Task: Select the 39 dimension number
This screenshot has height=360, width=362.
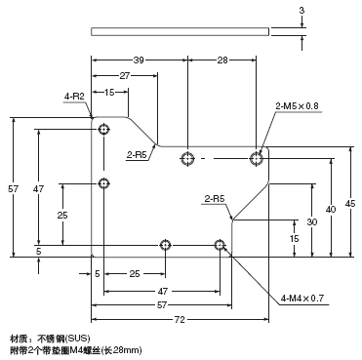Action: pyautogui.click(x=138, y=60)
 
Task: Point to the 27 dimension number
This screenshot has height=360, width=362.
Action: pyautogui.click(x=126, y=76)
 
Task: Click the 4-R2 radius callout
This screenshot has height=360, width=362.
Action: pyautogui.click(x=74, y=97)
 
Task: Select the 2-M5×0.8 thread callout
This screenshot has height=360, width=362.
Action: pyautogui.click(x=299, y=106)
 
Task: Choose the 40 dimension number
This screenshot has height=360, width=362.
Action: pyautogui.click(x=332, y=209)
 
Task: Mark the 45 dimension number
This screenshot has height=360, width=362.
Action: pyautogui.click(x=350, y=203)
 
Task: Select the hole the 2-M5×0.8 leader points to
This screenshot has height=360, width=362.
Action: pyautogui.click(x=257, y=157)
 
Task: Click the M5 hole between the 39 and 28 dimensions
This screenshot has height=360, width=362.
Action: pyautogui.click(x=187, y=157)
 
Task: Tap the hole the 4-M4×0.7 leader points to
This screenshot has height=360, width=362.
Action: pyautogui.click(x=222, y=244)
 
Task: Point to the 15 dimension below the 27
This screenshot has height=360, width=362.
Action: pyautogui.click(x=109, y=93)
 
